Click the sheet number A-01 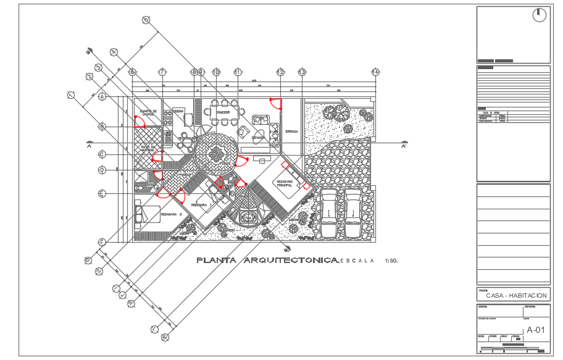coord(535,330)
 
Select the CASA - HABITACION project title coord(516,296)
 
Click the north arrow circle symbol coord(540,15)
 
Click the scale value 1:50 coord(391,261)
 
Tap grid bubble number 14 coord(375,72)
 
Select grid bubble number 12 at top coord(280,72)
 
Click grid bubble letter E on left coord(102,194)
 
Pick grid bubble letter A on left coord(102,97)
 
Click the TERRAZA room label coord(291,132)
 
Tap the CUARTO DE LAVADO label coord(148,113)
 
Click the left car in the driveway coord(330,213)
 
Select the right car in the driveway coord(353,213)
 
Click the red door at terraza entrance coord(276,104)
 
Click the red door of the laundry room coord(140,122)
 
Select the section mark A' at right coord(404,146)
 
